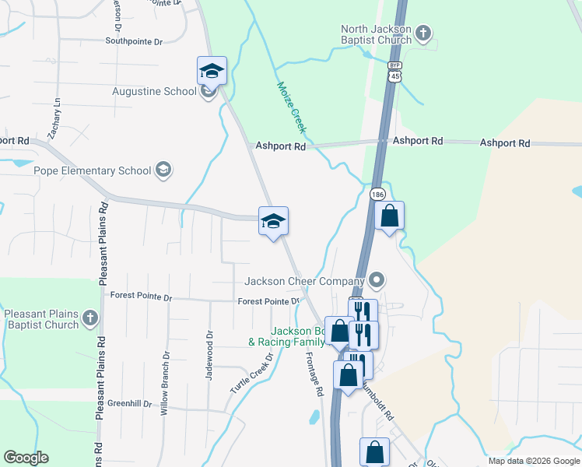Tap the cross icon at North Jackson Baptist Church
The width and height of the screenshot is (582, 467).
click(x=422, y=33)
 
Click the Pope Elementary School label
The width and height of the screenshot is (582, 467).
click(x=92, y=170)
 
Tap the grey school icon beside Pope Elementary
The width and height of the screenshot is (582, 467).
click(x=163, y=170)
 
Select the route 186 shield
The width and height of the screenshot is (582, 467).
click(x=378, y=193)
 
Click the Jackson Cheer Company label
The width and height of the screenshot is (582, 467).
click(x=304, y=281)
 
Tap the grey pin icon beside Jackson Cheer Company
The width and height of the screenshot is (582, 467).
click(x=377, y=279)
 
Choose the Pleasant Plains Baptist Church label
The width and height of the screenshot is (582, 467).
click(x=41, y=319)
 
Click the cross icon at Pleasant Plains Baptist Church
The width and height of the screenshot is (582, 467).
click(x=90, y=318)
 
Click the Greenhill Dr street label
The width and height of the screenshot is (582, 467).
click(x=129, y=403)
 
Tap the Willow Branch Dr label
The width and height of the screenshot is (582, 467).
click(x=165, y=383)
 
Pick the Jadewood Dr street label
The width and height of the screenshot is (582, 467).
click(x=209, y=356)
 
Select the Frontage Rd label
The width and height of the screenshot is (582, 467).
click(x=313, y=373)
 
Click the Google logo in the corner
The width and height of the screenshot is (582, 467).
click(x=26, y=458)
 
